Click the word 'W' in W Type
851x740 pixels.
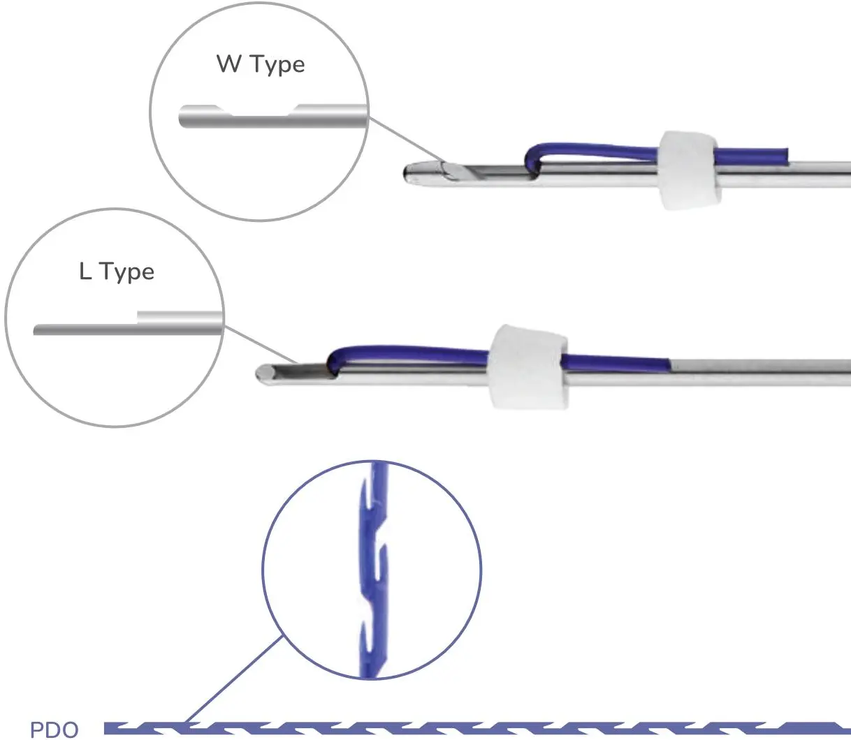[x=228, y=64]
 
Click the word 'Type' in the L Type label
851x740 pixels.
[x=126, y=272]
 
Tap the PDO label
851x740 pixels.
[x=55, y=730]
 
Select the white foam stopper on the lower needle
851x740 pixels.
[x=528, y=366]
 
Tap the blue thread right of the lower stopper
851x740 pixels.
[x=615, y=363]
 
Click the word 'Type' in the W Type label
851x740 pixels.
[x=277, y=65]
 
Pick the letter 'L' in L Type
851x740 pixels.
[x=85, y=271]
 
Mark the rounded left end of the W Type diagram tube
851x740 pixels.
[x=183, y=117]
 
